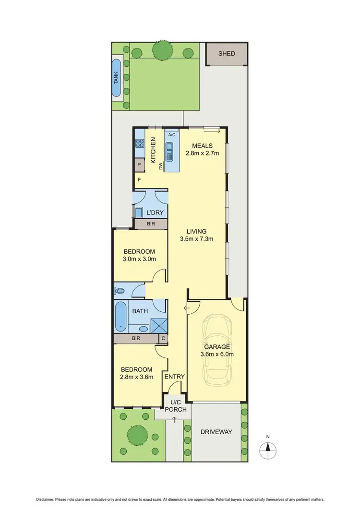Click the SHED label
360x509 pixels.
click(227, 53)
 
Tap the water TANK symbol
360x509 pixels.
click(117, 79)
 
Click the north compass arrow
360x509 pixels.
click(268, 450)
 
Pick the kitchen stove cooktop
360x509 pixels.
click(140, 142)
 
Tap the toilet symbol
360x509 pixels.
click(120, 290)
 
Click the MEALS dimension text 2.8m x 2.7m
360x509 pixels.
click(202, 154)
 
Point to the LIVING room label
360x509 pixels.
click(197, 231)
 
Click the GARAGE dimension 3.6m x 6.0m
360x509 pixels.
click(217, 355)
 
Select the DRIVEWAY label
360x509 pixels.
click(216, 432)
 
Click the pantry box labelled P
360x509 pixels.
click(139, 165)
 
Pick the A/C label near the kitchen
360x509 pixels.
click(172, 135)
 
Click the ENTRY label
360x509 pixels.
click(174, 377)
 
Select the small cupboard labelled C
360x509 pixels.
click(163, 339)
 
